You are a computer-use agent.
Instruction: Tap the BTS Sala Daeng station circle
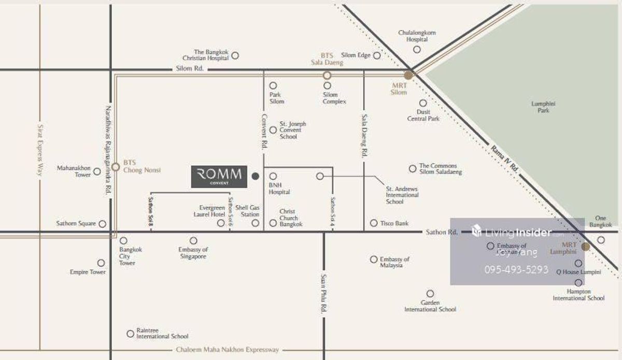(x=327, y=75)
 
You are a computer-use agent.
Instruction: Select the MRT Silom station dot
(x=408, y=75)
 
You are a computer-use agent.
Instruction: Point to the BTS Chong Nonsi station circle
(x=116, y=167)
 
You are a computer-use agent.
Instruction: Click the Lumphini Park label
(x=543, y=107)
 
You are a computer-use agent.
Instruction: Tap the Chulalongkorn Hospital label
(x=417, y=36)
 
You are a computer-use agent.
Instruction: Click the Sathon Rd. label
(x=441, y=232)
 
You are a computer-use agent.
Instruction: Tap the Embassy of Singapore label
(x=193, y=253)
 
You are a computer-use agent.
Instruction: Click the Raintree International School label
(x=162, y=334)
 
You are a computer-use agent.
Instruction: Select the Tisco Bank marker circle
(x=374, y=223)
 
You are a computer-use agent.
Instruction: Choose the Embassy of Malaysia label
(x=394, y=262)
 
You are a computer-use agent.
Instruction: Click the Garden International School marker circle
(x=430, y=294)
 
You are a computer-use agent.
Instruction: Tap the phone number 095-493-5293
(x=516, y=269)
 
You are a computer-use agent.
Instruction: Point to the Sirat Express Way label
(x=39, y=150)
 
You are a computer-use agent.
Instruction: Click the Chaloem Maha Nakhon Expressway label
(x=227, y=350)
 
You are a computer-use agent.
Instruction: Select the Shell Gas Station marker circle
(x=255, y=223)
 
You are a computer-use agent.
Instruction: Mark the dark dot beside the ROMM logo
(x=255, y=177)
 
